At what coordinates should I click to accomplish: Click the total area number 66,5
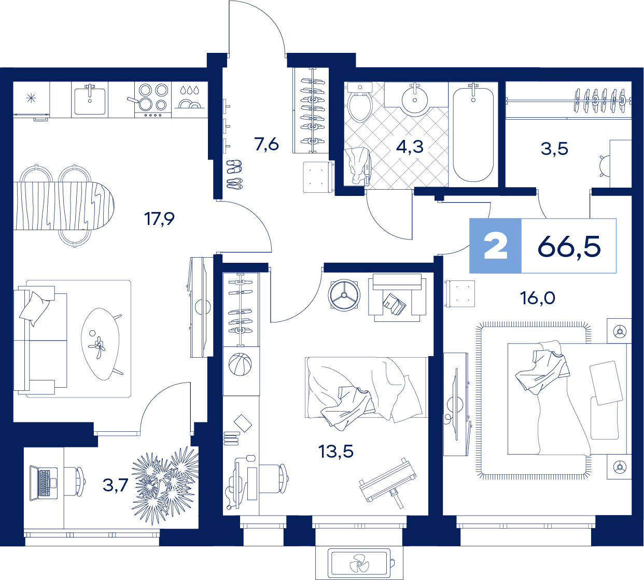pyautogui.click(x=569, y=247)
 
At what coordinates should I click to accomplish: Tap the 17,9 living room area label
pyautogui.click(x=159, y=219)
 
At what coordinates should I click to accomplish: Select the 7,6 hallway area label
pyautogui.click(x=267, y=144)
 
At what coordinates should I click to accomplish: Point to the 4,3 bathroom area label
pyautogui.click(x=410, y=147)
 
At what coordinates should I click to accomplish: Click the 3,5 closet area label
pyautogui.click(x=554, y=149)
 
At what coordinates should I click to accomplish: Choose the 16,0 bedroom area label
pyautogui.click(x=537, y=298)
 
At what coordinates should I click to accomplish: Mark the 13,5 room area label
pyautogui.click(x=336, y=451)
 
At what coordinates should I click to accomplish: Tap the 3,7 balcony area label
pyautogui.click(x=115, y=485)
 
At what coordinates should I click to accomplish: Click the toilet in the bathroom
pyautogui.click(x=360, y=102)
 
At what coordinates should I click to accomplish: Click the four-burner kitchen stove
pyautogui.click(x=153, y=100)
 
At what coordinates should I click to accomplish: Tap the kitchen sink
pyautogui.click(x=90, y=100)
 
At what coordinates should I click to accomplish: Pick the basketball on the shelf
pyautogui.click(x=240, y=364)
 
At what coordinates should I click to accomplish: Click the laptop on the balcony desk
pyautogui.click(x=44, y=483)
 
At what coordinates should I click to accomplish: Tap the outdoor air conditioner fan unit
pyautogui.click(x=359, y=563)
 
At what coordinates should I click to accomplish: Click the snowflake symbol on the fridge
pyautogui.click(x=31, y=98)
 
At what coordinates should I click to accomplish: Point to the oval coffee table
pyautogui.click(x=100, y=344)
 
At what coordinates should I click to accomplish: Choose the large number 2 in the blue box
pyautogui.click(x=495, y=246)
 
